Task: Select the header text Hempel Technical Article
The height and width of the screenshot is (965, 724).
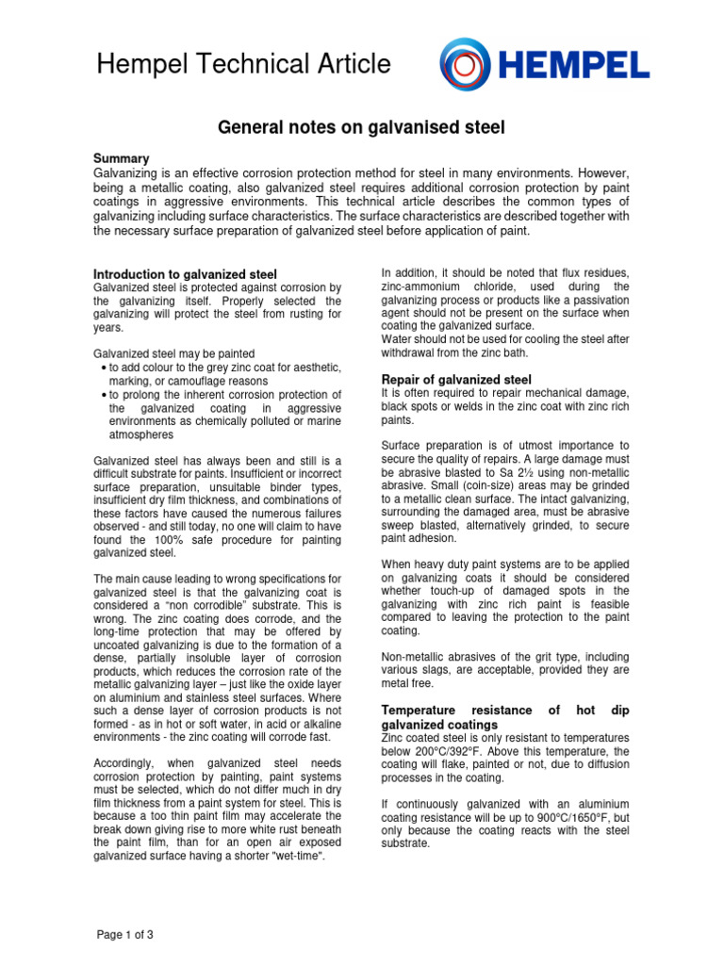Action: [x=243, y=64]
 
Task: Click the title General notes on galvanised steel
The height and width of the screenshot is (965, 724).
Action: [x=362, y=126]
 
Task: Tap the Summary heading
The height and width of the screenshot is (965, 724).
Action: [x=122, y=158]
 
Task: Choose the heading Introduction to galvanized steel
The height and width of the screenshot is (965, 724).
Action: [x=185, y=274]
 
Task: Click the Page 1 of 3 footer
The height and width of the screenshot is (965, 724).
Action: [x=125, y=935]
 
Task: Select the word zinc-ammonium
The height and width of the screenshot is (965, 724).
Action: [x=425, y=286]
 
